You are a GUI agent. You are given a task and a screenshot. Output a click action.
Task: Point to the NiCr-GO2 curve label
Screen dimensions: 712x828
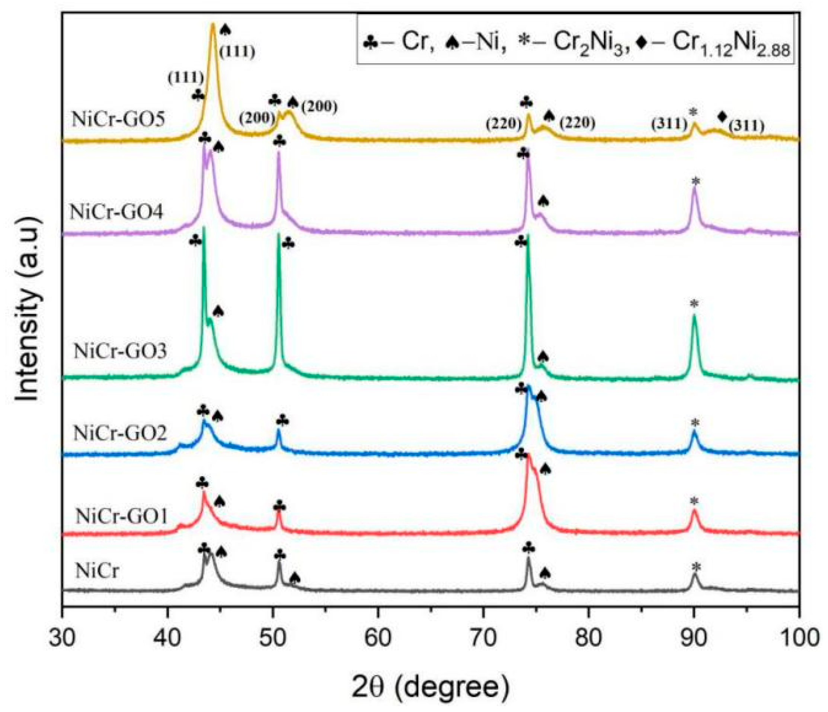120,434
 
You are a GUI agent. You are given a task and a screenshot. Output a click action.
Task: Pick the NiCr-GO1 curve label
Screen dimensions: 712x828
121,517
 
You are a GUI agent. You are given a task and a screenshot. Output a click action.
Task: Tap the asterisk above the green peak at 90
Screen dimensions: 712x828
694,304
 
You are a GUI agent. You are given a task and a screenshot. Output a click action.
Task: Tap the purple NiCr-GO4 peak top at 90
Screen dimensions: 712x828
694,190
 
